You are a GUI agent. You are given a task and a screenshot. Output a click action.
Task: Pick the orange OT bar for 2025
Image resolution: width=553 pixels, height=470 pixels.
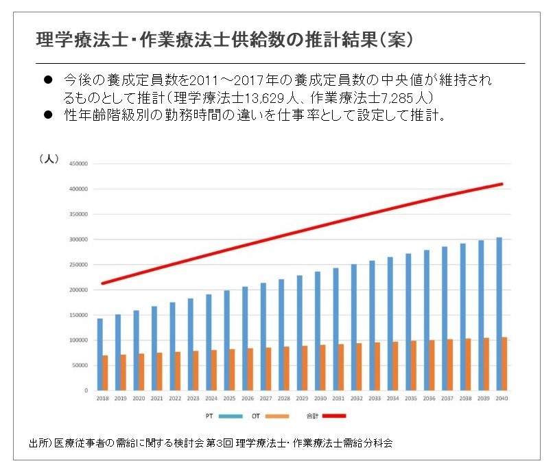232,370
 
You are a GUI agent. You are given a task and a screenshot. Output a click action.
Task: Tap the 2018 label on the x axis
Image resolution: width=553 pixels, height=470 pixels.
102,398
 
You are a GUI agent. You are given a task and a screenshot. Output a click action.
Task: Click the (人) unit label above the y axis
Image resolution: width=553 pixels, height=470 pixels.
48,158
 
